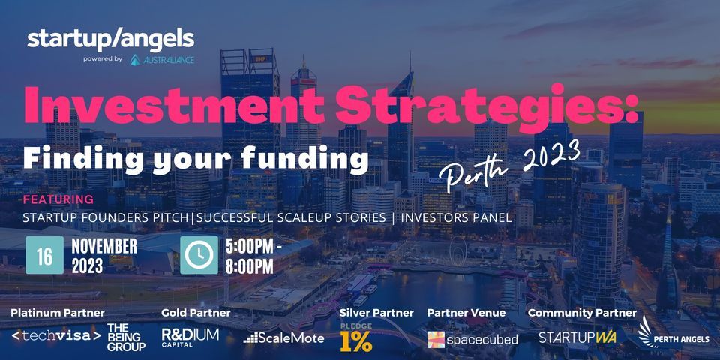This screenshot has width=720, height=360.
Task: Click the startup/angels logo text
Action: pyautogui.click(x=111, y=40)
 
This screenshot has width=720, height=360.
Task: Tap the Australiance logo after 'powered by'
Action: pyautogui.click(x=162, y=60)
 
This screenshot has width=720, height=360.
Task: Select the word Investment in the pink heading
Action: pyautogui.click(x=174, y=103)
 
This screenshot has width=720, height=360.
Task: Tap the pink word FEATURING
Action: pyautogui.click(x=58, y=199)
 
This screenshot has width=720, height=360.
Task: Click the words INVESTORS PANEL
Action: pyautogui.click(x=457, y=217)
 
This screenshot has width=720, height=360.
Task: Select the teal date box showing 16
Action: pyautogui.click(x=44, y=255)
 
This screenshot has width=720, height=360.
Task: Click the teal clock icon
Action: pyautogui.click(x=199, y=255)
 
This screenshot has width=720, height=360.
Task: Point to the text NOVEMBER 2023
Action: pyautogui.click(x=103, y=256)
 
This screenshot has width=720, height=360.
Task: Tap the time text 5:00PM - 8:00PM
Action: pyautogui.click(x=253, y=256)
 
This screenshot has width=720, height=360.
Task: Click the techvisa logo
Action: pyautogui.click(x=56, y=336)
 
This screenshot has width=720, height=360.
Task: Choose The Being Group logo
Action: pyautogui.click(x=126, y=337)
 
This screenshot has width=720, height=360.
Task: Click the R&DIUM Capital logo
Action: pyautogui.click(x=190, y=337)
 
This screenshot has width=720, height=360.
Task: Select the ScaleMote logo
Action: pyautogui.click(x=283, y=338)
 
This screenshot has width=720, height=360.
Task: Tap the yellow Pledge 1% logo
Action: pyautogui.click(x=355, y=337)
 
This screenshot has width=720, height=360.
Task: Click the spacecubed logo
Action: pyautogui.click(x=473, y=339)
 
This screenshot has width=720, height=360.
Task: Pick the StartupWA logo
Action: pyautogui.click(x=577, y=337)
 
